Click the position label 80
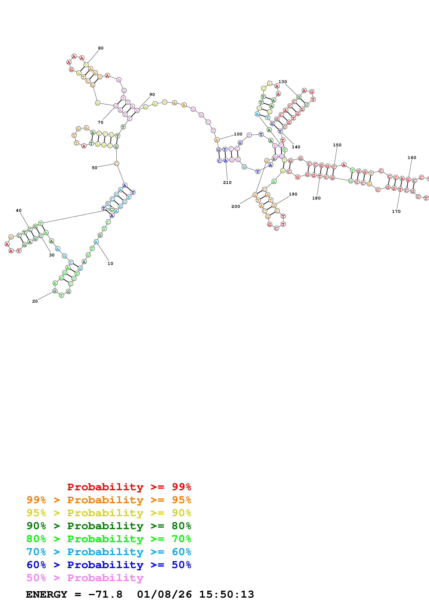[x=101, y=48]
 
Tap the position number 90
[x=152, y=94]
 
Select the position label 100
[x=238, y=134]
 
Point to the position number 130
[x=283, y=82]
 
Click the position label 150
[x=337, y=145]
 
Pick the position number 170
[x=396, y=211]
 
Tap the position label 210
[x=227, y=182]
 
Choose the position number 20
[x=35, y=301]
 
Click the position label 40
[x=19, y=210]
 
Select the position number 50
[x=94, y=168]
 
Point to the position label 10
[x=110, y=263]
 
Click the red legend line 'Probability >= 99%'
[x=129, y=487]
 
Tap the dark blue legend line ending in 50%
[x=109, y=565]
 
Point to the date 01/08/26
[x=164, y=594]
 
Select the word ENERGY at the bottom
[x=47, y=594]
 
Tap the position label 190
[x=293, y=194]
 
